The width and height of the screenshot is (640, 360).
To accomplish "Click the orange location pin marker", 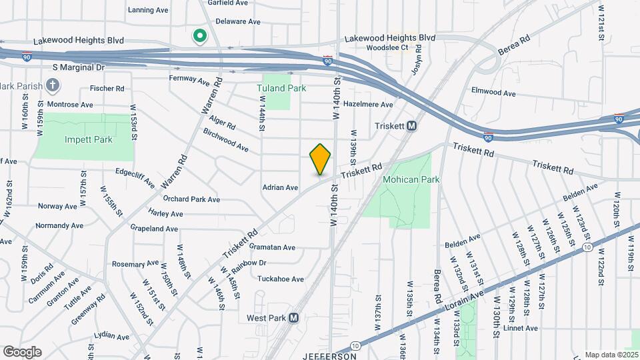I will pos(321,159).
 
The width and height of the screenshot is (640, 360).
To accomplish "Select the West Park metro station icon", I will pos(293,318).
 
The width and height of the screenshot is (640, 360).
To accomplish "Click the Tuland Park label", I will pos(281,87).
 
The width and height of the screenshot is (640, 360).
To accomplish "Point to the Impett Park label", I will pos(89,139).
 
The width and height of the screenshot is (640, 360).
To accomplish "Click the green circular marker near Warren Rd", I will pos(198,36).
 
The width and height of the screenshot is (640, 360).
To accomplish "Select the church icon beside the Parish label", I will pos(54,85).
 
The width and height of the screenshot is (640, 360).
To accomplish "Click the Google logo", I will pos(22,351).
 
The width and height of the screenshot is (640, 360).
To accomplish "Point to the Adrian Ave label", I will pos(280,187).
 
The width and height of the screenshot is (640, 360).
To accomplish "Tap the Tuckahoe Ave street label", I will pos(281,279).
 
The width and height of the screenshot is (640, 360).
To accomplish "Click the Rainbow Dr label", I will pos(249,263).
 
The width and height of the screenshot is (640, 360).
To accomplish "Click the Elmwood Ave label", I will pos(493,92).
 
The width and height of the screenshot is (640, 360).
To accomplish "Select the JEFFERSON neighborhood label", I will pos(329,356).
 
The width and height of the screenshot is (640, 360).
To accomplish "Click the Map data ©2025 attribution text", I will pos(611,355).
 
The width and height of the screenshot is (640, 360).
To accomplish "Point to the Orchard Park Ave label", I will pos(191,199).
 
